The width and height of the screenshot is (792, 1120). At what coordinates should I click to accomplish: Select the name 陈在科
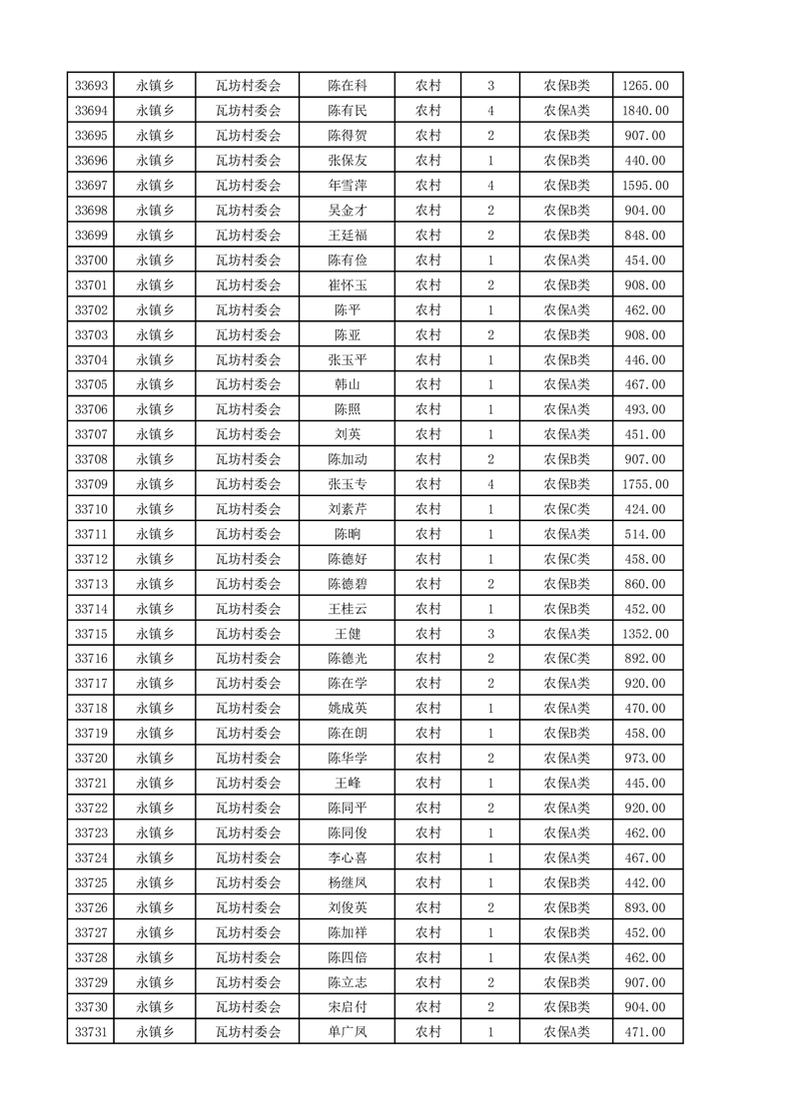348,86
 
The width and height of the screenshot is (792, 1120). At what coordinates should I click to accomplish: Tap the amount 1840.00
644,111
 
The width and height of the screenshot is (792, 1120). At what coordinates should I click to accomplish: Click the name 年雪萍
348,186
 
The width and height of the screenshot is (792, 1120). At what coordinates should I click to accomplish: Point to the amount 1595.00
644,186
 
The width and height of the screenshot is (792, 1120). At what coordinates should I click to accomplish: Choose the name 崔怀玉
348,285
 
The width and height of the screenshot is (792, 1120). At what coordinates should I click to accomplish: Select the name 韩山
348,384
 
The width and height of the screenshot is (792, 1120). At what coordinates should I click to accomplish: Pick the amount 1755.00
644,484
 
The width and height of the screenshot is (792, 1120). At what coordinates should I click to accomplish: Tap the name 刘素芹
348,509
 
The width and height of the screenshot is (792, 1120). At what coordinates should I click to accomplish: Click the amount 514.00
644,534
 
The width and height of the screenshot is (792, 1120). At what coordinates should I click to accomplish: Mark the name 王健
348,634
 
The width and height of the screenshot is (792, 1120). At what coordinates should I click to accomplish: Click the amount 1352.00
644,634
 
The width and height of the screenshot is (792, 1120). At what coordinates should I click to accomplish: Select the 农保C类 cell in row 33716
566,659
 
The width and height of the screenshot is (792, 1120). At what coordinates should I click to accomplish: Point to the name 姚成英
348,709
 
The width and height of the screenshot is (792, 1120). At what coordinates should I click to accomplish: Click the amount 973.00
644,758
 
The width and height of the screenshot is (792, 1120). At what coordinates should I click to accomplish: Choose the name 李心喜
348,857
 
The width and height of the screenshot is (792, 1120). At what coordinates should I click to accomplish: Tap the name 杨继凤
348,882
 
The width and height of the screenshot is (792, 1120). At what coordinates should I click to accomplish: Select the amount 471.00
644,1032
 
